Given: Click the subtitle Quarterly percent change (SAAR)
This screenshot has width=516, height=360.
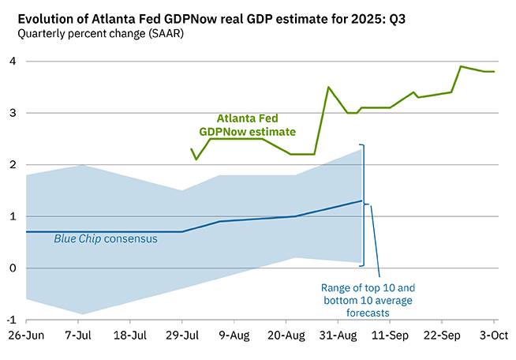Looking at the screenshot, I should click(95, 34).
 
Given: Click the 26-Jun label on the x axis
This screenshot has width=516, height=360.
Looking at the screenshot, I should click(26, 335).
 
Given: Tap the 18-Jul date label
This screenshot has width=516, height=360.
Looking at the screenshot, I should click(130, 335).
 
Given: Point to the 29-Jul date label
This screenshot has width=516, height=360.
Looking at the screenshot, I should click(182, 335).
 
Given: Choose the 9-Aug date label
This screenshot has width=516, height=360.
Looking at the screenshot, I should click(234, 335).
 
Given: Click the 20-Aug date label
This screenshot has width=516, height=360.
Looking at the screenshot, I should click(286, 335).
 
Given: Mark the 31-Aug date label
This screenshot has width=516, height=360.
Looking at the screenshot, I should click(338, 335).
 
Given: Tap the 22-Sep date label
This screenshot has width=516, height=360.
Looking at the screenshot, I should click(443, 335).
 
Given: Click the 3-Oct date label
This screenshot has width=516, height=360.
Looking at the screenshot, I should click(495, 335).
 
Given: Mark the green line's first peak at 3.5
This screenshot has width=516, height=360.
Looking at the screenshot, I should click(328, 87).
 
